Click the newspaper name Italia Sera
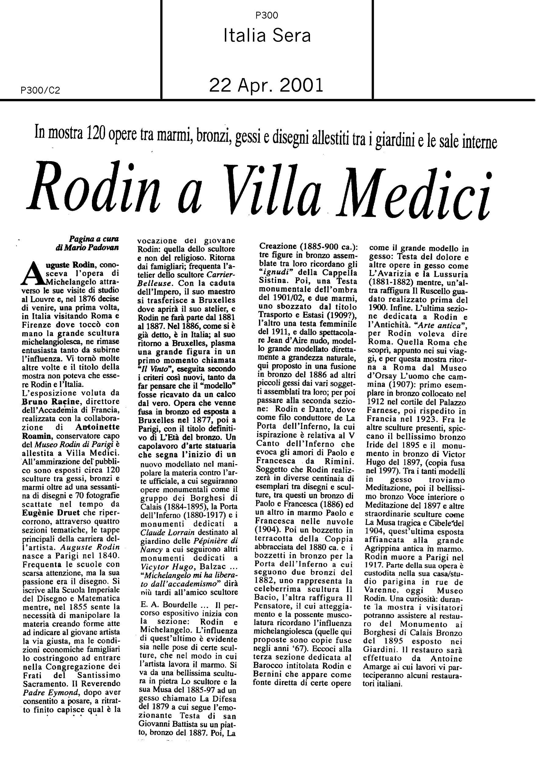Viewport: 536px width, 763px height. (267, 36)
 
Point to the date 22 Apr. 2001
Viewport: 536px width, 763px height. (266, 86)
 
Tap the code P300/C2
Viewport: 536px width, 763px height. (40, 90)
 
